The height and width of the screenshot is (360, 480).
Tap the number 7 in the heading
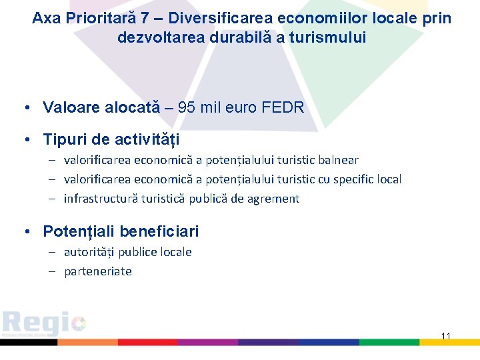145,18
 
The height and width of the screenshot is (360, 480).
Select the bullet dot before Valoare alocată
25,107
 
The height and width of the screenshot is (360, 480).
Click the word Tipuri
63,139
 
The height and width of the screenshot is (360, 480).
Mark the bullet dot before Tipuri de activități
25,139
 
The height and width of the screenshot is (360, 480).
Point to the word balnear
338,160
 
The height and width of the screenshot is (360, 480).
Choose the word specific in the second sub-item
339,179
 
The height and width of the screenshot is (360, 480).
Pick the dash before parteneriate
51,271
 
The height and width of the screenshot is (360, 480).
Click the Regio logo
43,324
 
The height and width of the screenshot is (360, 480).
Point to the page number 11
446,335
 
